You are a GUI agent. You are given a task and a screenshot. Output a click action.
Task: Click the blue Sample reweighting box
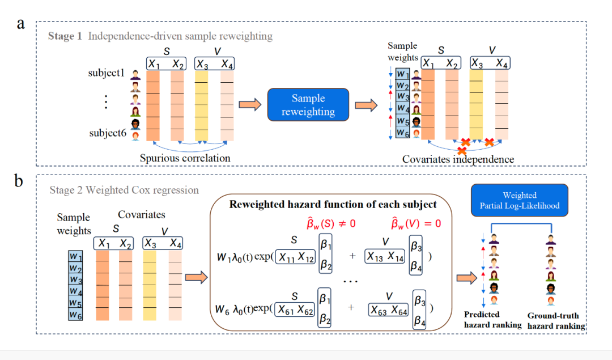coord(308,105)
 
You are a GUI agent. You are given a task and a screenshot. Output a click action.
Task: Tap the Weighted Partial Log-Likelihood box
coord(520,200)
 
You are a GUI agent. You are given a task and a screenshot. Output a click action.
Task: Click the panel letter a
coord(21,24)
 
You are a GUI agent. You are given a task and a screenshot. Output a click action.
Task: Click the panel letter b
coord(19,181)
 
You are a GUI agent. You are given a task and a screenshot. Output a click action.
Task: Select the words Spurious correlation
coord(185,158)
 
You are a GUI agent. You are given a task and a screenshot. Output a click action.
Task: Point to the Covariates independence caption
coord(458,159)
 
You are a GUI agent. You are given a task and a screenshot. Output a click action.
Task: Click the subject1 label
coord(106,73)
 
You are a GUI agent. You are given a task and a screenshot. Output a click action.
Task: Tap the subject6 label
coord(108,133)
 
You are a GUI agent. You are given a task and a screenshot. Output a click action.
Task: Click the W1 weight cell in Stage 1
coord(402,74)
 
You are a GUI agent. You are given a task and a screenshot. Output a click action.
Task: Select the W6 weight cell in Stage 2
coord(75,315)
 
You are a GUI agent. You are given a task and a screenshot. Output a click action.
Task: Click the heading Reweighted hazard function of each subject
coord(333,204)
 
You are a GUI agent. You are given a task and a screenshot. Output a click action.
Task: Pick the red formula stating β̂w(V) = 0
coord(416,223)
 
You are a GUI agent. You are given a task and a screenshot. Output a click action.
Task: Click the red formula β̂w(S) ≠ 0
coord(331,224)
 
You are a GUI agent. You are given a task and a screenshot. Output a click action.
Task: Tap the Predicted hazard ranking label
coord(492,319)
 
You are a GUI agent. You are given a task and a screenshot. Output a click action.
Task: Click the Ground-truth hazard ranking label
coord(556,320)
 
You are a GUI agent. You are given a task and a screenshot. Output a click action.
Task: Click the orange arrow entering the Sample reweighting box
coord(250,105)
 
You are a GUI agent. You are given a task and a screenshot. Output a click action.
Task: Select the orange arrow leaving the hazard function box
coord(467,278)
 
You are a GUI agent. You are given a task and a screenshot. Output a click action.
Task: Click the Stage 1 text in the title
coord(65,36)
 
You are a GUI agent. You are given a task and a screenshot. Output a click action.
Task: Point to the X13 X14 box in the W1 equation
coord(384,256)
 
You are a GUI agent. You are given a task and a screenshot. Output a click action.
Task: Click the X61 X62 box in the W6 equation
coord(295,310)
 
